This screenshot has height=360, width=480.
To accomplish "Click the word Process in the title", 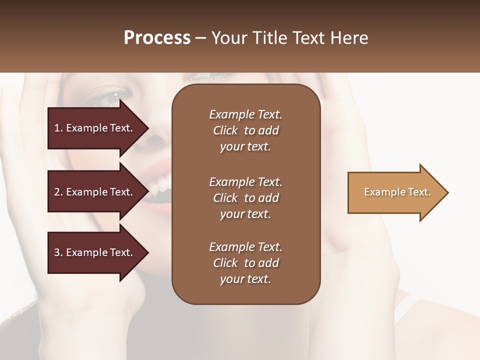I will (x=157, y=38).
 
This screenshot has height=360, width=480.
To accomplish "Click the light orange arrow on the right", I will (x=395, y=192).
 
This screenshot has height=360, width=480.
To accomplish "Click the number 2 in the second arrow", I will (x=57, y=192).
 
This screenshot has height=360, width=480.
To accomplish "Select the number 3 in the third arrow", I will (x=57, y=252).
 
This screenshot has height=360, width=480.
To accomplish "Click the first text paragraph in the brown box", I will (x=245, y=130).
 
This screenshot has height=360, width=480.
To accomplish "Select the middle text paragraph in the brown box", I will (x=245, y=198).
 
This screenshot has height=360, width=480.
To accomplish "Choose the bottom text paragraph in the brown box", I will (x=245, y=263).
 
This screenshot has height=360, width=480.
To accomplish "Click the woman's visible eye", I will (x=112, y=94).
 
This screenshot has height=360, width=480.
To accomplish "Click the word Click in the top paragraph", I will (x=225, y=130).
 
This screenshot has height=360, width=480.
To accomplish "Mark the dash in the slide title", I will (x=200, y=38).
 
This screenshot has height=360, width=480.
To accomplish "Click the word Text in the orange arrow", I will (x=419, y=192).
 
